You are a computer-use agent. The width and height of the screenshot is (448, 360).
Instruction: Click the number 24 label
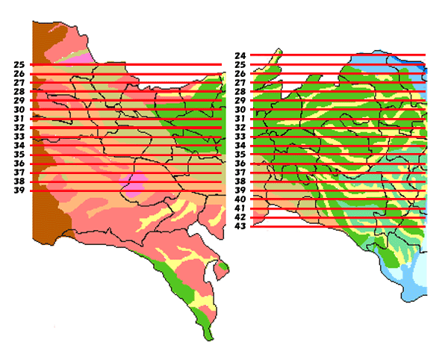[240, 56]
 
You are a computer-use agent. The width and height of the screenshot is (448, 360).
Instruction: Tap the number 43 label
[240, 226]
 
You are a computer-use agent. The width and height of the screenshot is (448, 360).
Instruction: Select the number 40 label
[240, 199]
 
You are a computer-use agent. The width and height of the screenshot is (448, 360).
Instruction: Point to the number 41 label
[240, 208]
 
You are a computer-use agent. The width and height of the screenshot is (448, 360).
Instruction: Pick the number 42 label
[240, 217]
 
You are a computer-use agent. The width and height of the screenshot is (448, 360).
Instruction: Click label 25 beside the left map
[19, 65]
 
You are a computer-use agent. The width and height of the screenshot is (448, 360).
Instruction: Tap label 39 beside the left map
[19, 190]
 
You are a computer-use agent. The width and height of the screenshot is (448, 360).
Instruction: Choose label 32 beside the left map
[19, 128]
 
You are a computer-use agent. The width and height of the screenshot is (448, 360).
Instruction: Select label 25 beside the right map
[240, 65]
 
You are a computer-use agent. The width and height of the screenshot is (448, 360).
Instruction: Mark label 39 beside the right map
[240, 190]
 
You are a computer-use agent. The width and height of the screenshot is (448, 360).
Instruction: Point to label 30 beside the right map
[240, 110]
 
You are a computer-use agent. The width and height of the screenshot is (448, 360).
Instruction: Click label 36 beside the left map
[19, 164]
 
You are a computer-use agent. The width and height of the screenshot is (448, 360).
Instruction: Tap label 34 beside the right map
[240, 146]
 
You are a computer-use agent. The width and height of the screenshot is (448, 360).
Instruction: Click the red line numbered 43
[336, 226]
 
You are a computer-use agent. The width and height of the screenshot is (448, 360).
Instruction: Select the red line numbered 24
[336, 55]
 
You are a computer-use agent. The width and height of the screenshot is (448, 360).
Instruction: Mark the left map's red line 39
[127, 190]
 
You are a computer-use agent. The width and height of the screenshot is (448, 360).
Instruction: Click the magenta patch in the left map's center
[135, 184]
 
